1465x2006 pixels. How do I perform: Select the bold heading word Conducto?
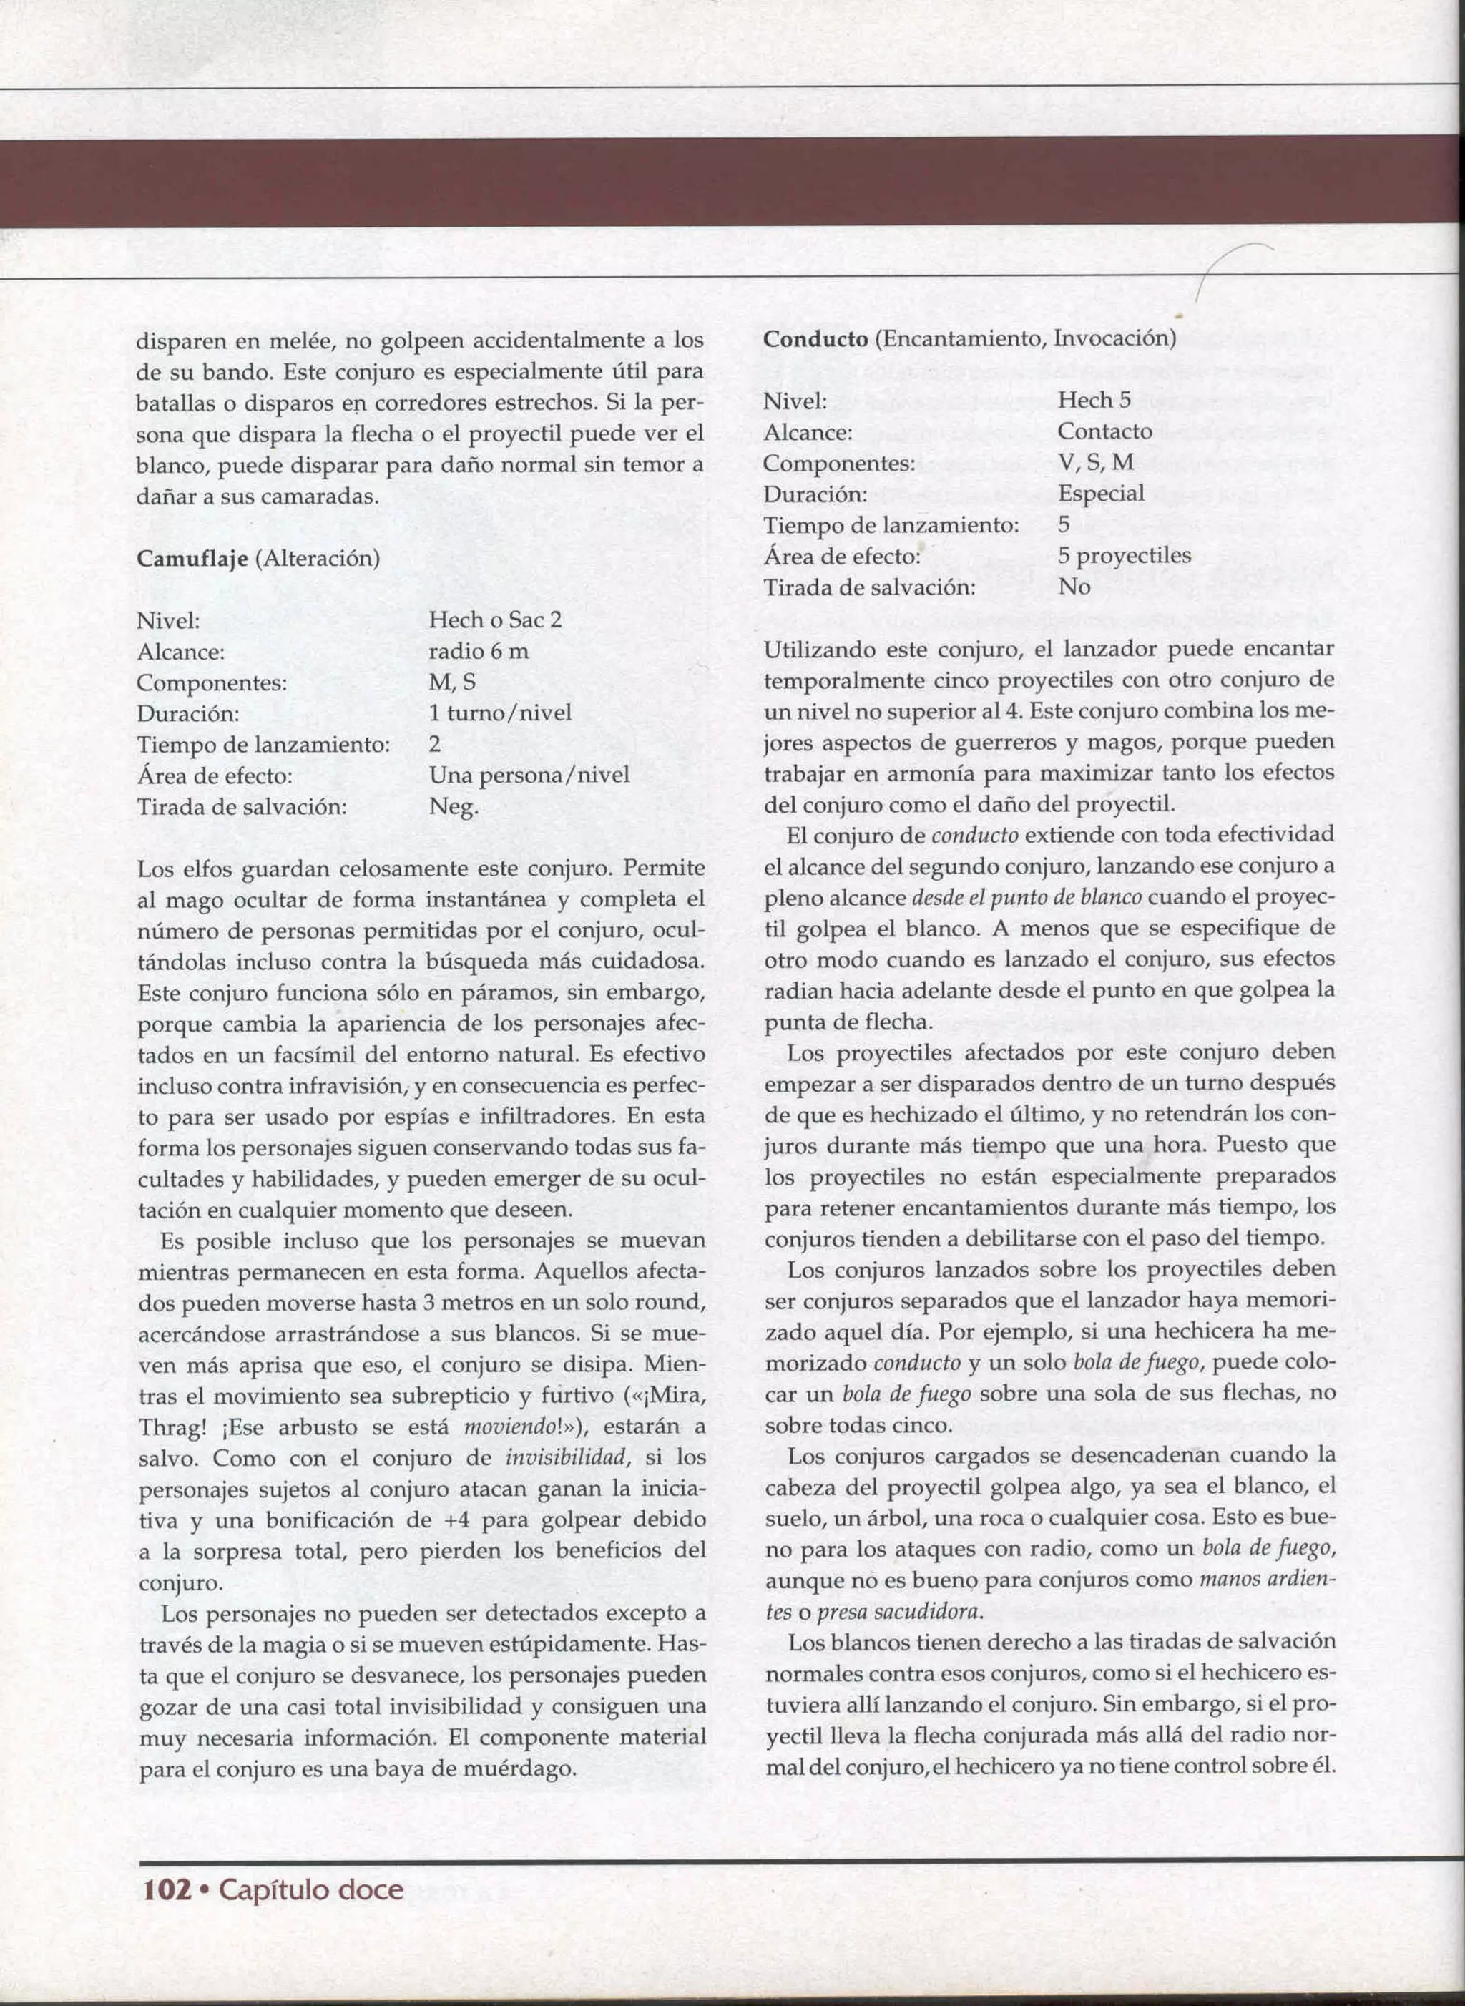pyautogui.click(x=815, y=339)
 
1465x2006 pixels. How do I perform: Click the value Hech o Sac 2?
pyautogui.click(x=495, y=619)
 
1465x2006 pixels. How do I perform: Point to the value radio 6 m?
pyautogui.click(x=478, y=651)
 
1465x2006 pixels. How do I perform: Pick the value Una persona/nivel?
pyautogui.click(x=529, y=774)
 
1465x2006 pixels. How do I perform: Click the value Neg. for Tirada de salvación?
pyautogui.click(x=453, y=806)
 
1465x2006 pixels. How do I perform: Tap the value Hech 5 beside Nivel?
pyautogui.click(x=1094, y=400)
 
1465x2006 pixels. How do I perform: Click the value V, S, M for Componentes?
pyautogui.click(x=1095, y=462)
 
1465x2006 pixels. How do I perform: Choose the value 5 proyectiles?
pyautogui.click(x=1124, y=555)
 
